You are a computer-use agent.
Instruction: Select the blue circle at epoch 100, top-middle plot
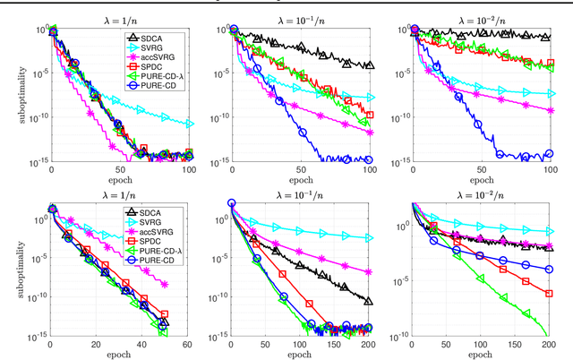(368, 159)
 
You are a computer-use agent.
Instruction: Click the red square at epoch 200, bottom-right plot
(549, 293)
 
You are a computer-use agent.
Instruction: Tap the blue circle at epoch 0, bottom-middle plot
(231, 204)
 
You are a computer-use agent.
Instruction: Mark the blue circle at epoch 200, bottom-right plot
(549, 270)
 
